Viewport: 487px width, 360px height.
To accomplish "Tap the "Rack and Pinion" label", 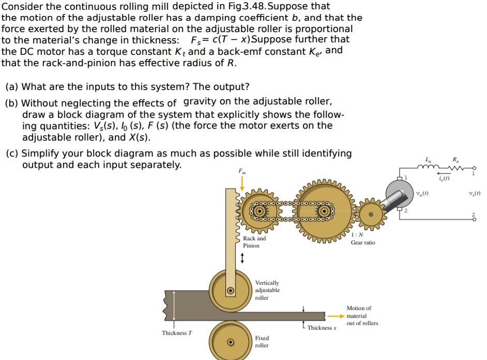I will point(254,242).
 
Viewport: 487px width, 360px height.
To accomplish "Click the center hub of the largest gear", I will point(325,211).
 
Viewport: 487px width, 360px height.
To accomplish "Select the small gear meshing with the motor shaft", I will point(370,214).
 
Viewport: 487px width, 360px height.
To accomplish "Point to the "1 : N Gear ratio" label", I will point(363,239).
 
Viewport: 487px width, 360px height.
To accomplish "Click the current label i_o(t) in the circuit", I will point(444,179).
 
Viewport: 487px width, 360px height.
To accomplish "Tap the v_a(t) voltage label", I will point(422,194).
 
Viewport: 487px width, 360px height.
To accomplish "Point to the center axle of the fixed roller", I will point(231,341).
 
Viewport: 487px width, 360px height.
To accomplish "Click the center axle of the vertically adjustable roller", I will point(231,291).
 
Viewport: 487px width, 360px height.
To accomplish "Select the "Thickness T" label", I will point(177,333).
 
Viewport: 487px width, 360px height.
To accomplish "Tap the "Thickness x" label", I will point(322,328).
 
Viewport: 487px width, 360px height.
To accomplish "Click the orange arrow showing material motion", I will point(335,316).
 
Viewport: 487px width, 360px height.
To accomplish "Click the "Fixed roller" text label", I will point(262,341).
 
